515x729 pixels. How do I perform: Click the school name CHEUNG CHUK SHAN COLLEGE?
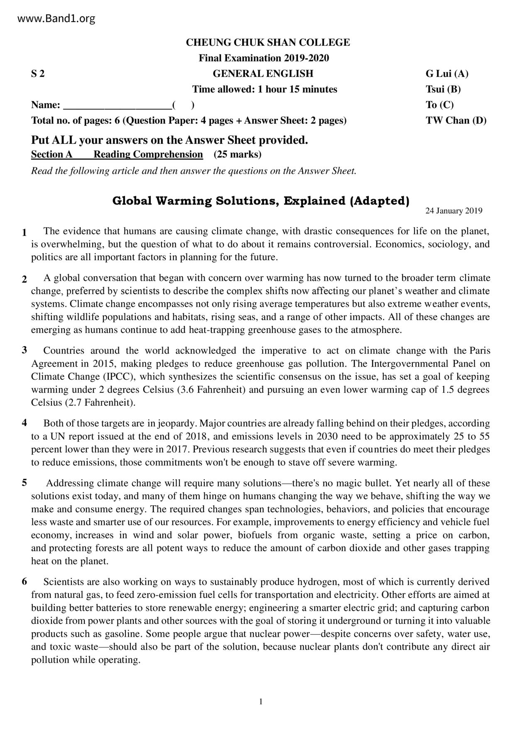267,42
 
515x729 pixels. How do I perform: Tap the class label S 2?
38,74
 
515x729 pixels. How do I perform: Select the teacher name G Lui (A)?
446,74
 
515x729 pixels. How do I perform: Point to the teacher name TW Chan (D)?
456,121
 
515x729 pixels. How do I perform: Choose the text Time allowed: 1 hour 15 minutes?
265,89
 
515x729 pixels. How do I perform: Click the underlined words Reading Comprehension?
148,155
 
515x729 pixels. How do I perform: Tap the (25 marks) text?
238,155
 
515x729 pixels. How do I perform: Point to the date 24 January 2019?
454,211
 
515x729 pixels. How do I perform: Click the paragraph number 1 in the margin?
25,232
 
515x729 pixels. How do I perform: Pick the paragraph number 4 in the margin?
25,423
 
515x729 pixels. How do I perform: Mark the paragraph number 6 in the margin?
25,581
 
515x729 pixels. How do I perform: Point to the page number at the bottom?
261,702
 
